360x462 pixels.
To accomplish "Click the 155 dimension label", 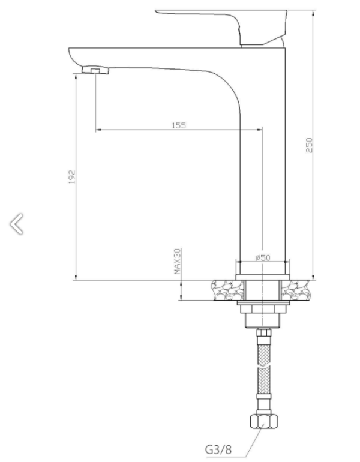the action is click(179, 125).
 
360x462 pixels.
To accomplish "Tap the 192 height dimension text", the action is click(72, 177).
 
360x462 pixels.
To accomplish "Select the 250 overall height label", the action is click(309, 145).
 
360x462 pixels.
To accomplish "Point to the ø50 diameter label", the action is click(262, 257).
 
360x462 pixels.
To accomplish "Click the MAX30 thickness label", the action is click(177, 262).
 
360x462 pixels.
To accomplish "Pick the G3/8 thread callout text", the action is click(218, 449).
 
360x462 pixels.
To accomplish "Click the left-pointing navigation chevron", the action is click(16, 224).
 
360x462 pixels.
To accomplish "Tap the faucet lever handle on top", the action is click(221, 27).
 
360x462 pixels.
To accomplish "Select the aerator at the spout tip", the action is click(95, 70).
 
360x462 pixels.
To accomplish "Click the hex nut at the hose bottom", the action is click(264, 421).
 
